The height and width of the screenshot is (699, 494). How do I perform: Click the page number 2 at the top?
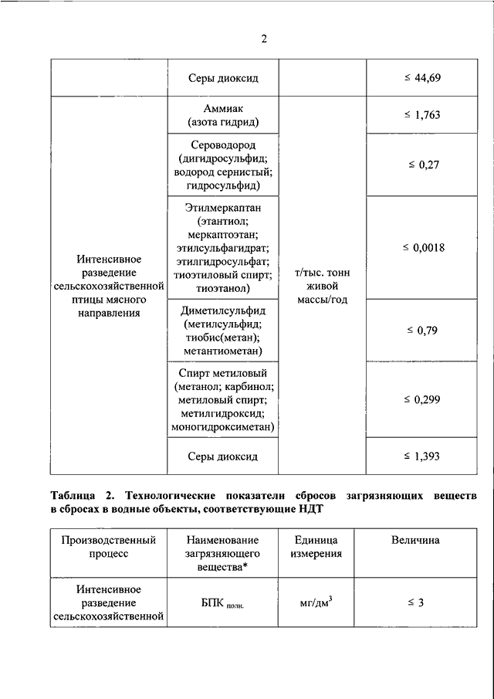click(x=263, y=40)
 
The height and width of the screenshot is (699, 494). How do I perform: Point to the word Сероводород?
click(x=222, y=145)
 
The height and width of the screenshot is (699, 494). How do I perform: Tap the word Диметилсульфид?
click(x=222, y=310)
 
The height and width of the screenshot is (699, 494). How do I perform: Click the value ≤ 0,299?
click(x=421, y=399)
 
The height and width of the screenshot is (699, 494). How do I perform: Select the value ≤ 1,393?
click(x=421, y=456)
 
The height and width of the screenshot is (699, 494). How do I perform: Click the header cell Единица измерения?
click(x=317, y=547)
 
